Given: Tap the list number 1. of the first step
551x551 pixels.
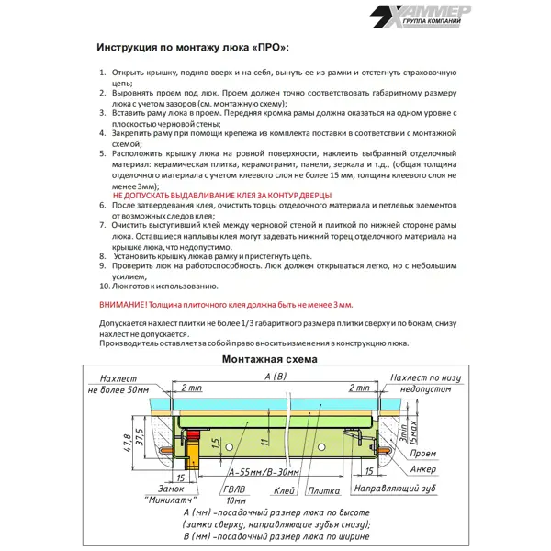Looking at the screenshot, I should point(103,72).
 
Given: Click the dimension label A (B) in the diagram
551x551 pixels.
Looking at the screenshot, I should point(275,377).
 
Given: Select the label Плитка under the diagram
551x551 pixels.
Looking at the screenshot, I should point(321,491).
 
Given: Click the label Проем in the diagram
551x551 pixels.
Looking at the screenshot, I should point(422,453).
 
